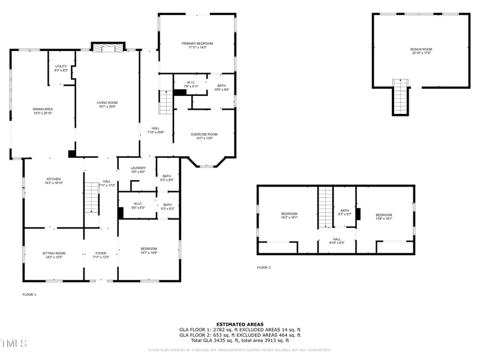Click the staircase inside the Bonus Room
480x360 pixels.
click(x=400, y=96)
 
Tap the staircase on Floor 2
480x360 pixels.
click(x=325, y=207)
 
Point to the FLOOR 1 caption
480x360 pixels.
click(x=29, y=295)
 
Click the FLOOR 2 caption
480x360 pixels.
click(x=263, y=268)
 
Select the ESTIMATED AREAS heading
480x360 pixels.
click(x=239, y=325)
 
